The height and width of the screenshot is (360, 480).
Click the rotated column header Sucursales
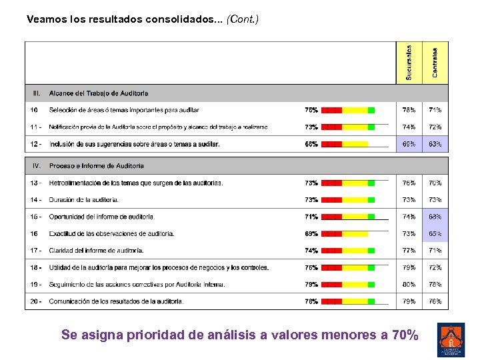(x=409, y=63)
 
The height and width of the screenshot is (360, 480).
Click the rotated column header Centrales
(x=435, y=62)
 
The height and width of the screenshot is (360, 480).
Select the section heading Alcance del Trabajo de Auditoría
(x=99, y=93)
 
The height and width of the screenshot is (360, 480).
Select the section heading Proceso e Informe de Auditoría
(x=97, y=166)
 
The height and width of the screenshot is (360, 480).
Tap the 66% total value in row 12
(x=311, y=144)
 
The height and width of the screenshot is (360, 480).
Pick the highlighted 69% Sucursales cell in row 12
(x=409, y=144)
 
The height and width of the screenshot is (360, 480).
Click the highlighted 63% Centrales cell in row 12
(x=435, y=144)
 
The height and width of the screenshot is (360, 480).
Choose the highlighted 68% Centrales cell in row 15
(x=435, y=217)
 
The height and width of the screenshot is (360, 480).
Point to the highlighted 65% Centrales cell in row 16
(x=435, y=234)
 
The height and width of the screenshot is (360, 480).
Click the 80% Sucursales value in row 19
(x=409, y=285)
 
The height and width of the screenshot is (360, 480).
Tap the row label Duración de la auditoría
(x=84, y=200)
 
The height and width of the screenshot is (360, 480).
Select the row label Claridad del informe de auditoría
(x=96, y=251)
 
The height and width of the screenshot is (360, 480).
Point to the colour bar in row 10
(x=348, y=110)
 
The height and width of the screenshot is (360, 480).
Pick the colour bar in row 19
(x=348, y=285)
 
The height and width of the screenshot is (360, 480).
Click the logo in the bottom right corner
(x=451, y=339)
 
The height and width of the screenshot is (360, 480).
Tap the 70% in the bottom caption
(x=405, y=335)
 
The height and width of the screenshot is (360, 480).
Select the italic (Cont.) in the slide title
(x=243, y=19)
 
